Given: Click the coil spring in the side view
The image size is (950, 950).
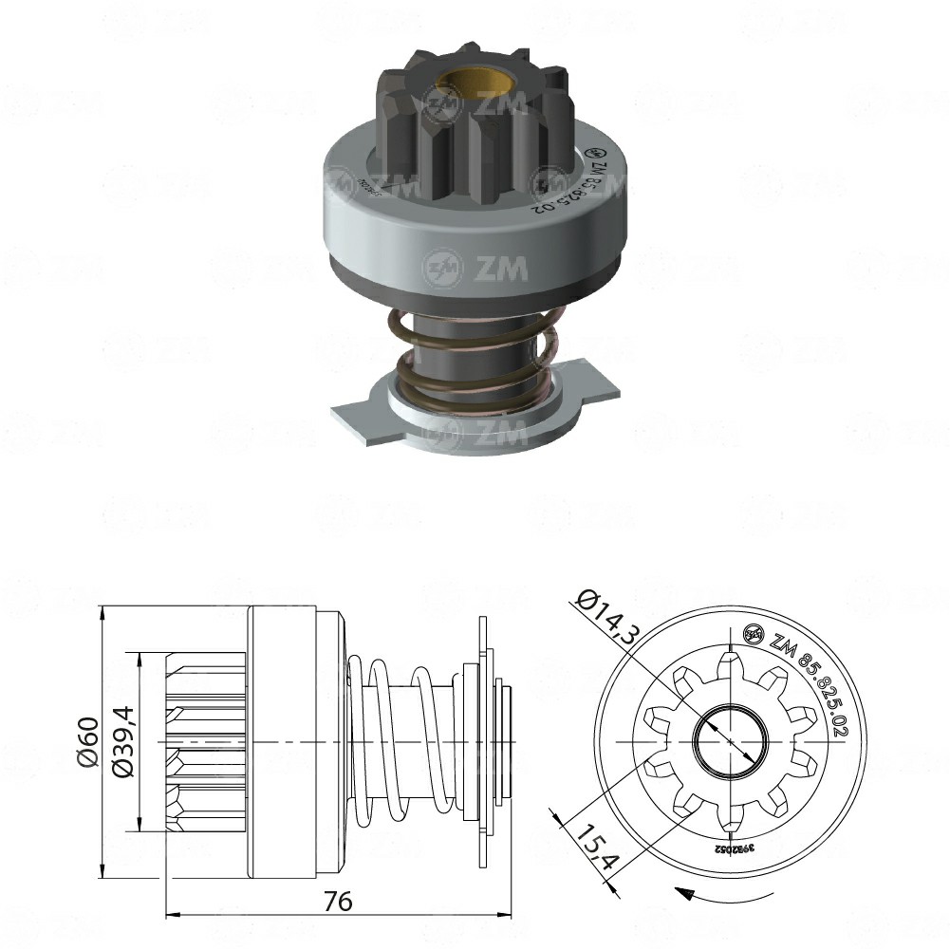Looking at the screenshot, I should [399, 740].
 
